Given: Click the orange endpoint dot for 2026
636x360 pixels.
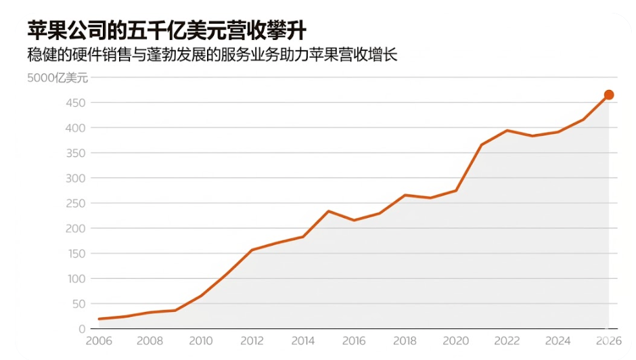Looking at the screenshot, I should [608, 95].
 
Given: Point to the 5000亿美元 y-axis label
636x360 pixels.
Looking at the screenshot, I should [58, 78].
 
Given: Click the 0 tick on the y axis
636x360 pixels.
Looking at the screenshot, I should [82, 329].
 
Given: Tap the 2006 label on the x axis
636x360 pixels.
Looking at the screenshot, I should [99, 341].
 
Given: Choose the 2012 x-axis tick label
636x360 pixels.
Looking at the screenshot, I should [252, 341].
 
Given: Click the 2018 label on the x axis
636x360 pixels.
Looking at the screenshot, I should [405, 341].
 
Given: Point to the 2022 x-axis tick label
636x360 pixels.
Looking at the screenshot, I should [507, 341].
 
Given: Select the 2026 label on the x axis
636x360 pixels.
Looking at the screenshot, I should [608, 341].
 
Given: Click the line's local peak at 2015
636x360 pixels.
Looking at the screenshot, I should [328, 211].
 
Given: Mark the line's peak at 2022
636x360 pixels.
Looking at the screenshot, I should [507, 130].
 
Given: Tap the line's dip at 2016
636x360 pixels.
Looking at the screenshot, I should [354, 220].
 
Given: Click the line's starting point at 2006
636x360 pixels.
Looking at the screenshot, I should [99, 319].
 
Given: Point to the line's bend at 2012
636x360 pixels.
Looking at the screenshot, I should [252, 250].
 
